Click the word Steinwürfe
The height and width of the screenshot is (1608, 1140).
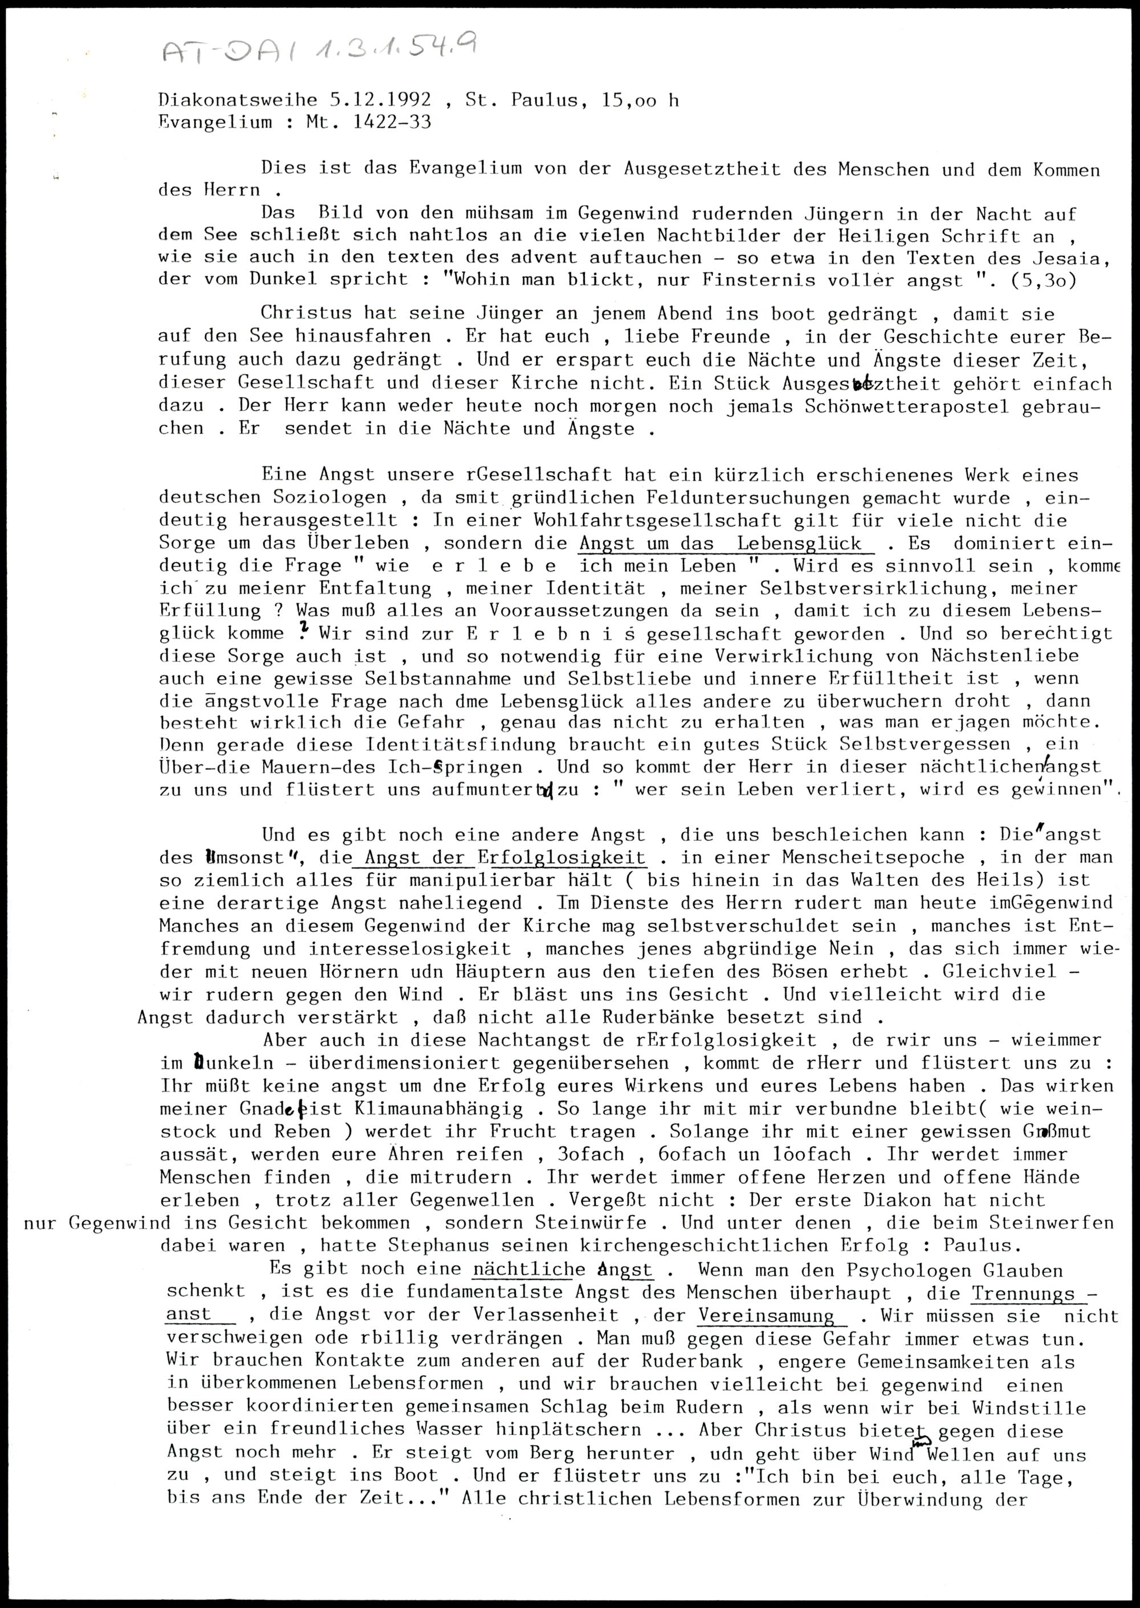(x=591, y=1223)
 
